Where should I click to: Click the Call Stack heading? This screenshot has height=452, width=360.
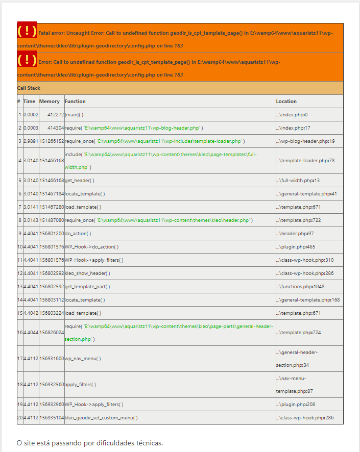click(29, 88)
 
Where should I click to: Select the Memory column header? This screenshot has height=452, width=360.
click(50, 102)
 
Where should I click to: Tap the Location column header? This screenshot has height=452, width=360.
click(286, 102)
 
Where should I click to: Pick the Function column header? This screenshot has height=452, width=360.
click(75, 102)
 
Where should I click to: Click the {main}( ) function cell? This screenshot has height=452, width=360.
click(74, 115)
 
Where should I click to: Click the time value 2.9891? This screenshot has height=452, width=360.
click(31, 141)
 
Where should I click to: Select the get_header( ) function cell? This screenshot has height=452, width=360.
click(80, 181)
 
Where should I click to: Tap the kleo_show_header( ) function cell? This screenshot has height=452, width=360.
click(87, 273)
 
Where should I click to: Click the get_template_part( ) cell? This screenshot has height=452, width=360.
click(87, 287)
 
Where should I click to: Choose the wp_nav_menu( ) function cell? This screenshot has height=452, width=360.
click(83, 359)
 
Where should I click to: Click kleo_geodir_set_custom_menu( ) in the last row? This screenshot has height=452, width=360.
click(101, 418)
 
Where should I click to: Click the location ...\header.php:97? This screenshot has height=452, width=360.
click(295, 234)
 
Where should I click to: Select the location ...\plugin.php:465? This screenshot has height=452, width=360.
click(295, 247)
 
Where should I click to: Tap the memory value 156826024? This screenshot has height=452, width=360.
click(52, 333)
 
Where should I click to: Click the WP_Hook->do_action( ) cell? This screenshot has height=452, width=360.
click(92, 247)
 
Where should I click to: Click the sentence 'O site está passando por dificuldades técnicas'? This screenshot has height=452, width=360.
click(90, 443)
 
